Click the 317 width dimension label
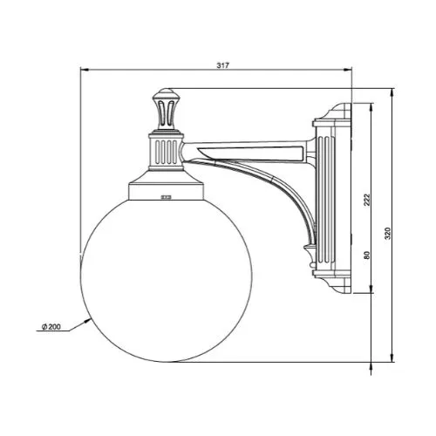click(x=222, y=65)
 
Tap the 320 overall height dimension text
click(x=388, y=234)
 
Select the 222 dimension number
click(x=367, y=200)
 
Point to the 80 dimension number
click(x=367, y=255)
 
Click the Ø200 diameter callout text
click(x=51, y=327)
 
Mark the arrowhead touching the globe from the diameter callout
click(x=88, y=321)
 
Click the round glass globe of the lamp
click(x=167, y=280)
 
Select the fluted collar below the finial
click(x=166, y=152)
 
